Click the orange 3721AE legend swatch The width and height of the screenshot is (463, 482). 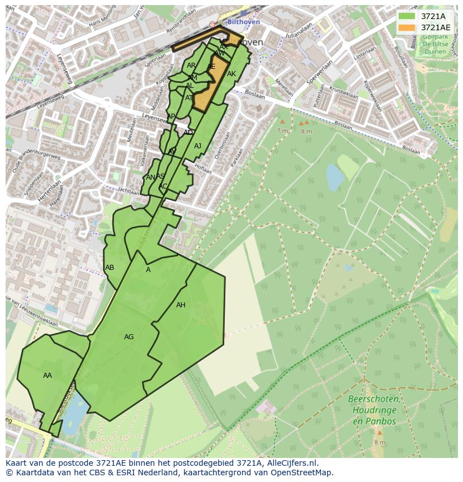407,27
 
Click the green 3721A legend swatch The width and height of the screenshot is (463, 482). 407,16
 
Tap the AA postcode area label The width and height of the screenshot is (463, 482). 48,376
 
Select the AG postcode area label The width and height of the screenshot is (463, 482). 129,337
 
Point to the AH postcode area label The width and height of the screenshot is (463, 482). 181,305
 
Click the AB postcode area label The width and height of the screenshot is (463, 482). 110,268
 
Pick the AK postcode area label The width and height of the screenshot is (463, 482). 232,74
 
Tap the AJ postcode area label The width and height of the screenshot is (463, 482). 197,146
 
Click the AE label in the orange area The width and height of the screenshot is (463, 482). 211,67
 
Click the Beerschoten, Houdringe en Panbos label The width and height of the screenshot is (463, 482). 374,410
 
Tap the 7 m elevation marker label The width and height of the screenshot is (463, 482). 282,130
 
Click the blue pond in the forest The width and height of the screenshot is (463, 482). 335,177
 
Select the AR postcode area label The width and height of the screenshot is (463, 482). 191,65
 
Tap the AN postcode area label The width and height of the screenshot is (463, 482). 150,177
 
